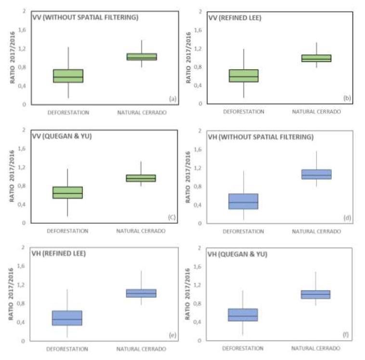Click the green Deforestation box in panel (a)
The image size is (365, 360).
(x=68, y=76)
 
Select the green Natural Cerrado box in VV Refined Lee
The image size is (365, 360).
(x=316, y=58)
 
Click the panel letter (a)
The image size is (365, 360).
(x=171, y=99)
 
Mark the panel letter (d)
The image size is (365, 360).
(x=347, y=218)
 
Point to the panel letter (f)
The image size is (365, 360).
(x=347, y=334)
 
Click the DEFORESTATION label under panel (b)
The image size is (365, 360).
(x=244, y=112)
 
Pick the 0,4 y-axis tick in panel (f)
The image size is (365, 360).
(x=197, y=322)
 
